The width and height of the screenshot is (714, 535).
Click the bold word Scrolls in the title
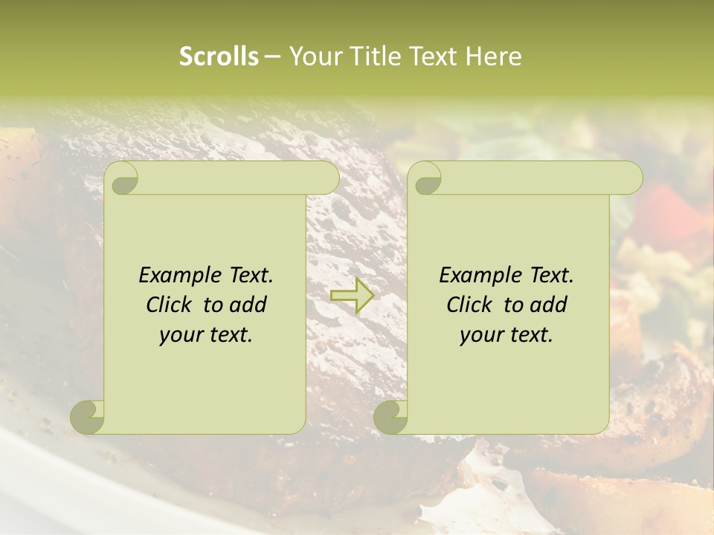(219, 56)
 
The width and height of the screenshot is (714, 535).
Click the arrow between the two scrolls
(353, 296)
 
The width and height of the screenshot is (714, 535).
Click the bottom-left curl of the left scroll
(86, 417)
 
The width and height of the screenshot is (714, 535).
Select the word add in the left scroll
(250, 305)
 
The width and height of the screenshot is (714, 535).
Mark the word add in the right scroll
(550, 305)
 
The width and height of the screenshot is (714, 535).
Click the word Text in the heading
(432, 56)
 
